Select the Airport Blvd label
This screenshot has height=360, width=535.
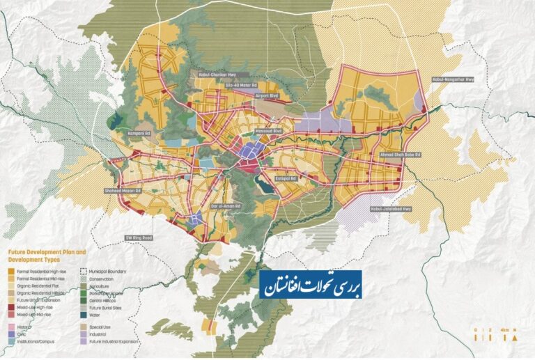click(269, 97)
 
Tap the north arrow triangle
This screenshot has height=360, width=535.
click(515, 338)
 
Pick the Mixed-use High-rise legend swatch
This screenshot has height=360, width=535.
click(10, 307)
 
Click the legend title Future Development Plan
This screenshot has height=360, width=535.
click(47, 251)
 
